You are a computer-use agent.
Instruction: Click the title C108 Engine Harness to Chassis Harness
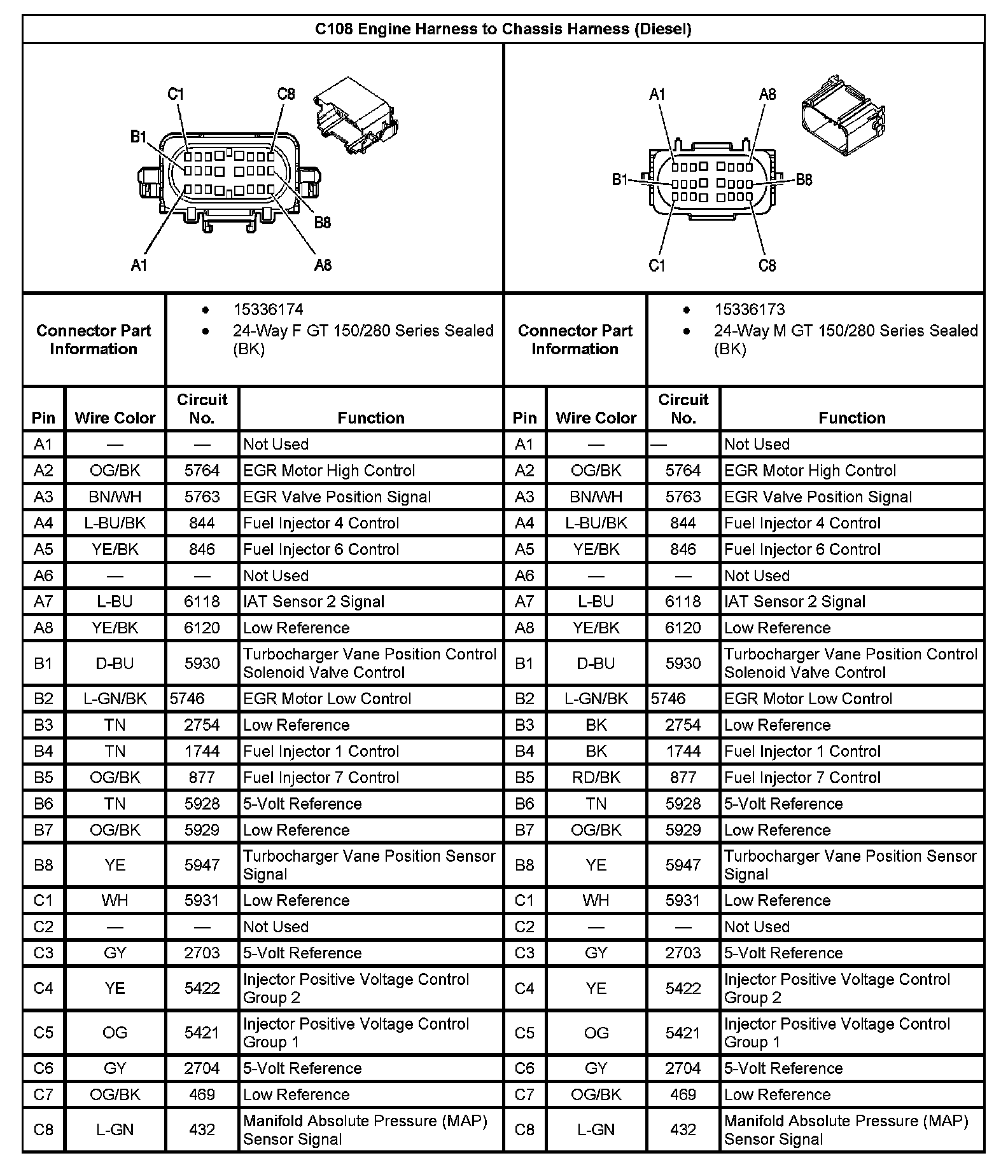tap(503, 29)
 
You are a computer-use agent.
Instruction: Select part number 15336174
tap(268, 310)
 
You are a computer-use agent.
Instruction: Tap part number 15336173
tap(749, 310)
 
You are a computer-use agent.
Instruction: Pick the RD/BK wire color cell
tap(596, 777)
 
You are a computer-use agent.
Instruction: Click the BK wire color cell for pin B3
tap(596, 725)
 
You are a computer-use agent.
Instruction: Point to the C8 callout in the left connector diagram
tap(286, 94)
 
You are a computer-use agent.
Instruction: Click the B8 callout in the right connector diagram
tap(804, 180)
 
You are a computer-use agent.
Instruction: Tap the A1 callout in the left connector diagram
tap(139, 265)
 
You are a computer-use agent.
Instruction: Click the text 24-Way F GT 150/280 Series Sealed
tap(363, 331)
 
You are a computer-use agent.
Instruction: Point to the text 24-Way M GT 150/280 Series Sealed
tap(845, 331)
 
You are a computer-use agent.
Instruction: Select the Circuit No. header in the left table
tap(202, 409)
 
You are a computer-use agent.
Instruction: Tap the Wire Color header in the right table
tap(596, 418)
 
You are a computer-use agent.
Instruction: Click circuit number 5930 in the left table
tap(202, 663)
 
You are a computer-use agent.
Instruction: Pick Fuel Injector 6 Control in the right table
tap(802, 549)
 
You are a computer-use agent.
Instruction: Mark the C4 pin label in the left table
tap(43, 988)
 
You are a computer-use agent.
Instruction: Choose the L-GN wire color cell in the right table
tap(596, 1129)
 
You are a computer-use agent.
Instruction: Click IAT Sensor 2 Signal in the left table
tap(314, 602)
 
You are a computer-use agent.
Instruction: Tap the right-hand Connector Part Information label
tap(575, 340)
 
